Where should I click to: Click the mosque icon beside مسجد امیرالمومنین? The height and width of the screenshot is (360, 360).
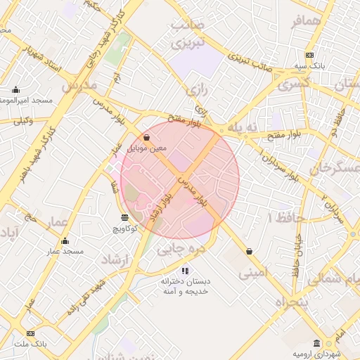click(15, 90)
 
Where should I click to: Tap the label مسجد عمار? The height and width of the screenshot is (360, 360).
click(65, 251)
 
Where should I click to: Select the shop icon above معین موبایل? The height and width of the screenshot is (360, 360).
click(146, 137)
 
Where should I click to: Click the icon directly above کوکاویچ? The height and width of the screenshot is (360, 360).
click(124, 217)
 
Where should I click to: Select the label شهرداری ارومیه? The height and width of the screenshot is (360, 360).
click(323, 353)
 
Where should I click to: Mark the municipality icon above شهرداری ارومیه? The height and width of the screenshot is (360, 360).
click(317, 342)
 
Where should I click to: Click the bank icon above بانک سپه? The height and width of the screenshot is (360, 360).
click(309, 56)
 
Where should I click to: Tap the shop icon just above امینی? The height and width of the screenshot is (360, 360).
click(249, 251)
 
